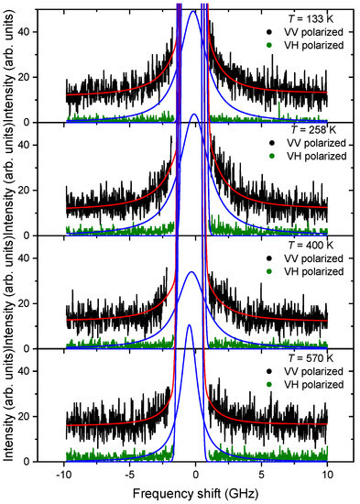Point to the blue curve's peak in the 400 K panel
point(191,272)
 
